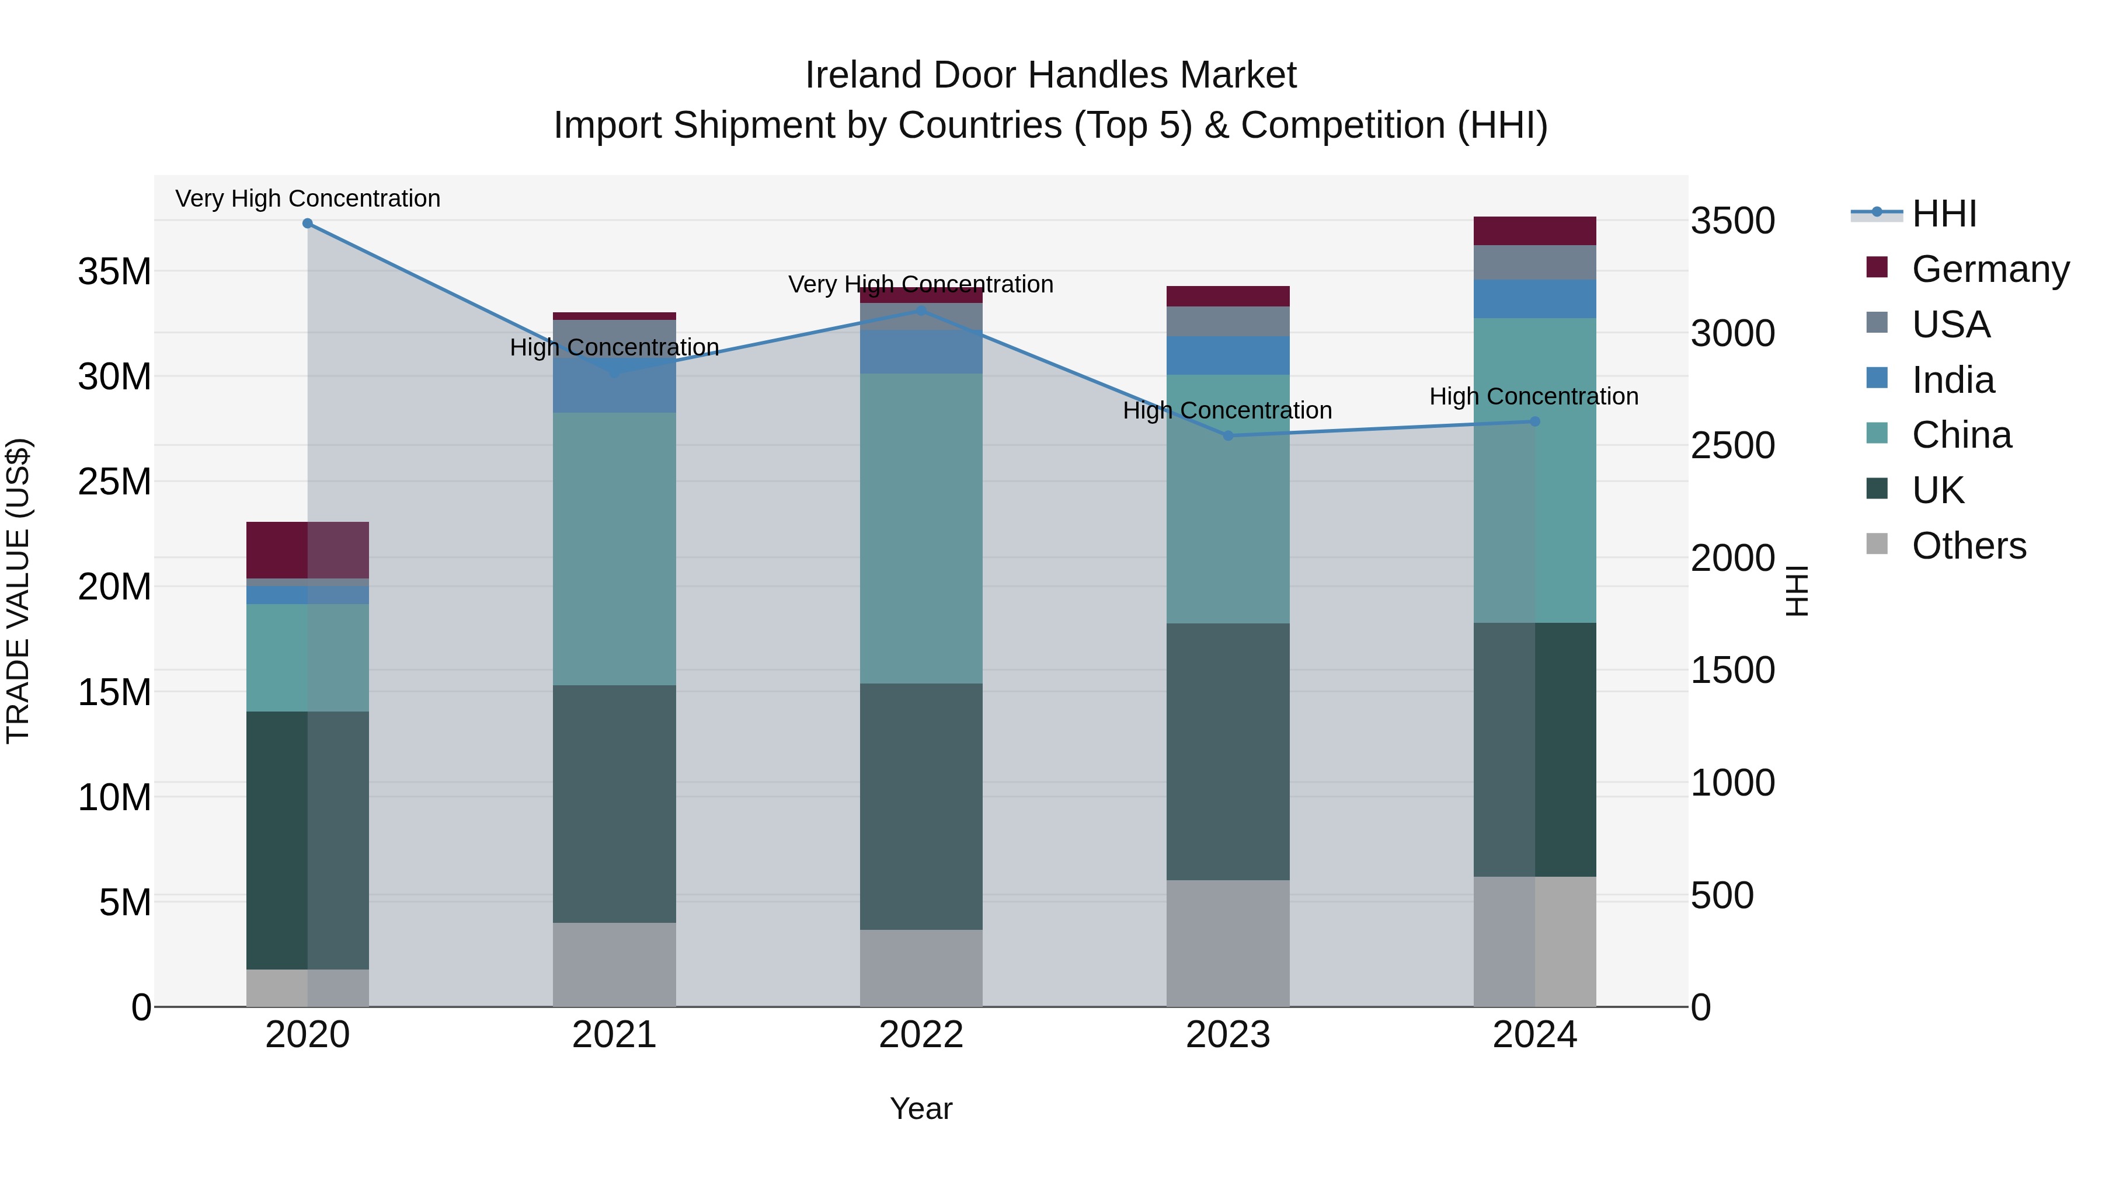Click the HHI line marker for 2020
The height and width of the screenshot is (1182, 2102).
[x=308, y=224]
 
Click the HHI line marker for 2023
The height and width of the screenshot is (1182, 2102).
[x=1228, y=435]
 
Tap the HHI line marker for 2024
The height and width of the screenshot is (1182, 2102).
[x=1535, y=422]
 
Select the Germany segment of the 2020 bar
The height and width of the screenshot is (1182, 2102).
[x=308, y=550]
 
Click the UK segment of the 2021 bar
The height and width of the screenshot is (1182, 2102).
[x=614, y=804]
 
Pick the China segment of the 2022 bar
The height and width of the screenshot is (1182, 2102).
[x=921, y=529]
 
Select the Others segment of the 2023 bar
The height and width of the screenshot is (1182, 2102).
[x=1228, y=943]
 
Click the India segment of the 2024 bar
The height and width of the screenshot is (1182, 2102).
[x=1535, y=298]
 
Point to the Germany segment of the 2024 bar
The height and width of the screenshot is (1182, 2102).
[x=1535, y=231]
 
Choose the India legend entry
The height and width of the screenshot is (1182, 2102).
[x=1953, y=380]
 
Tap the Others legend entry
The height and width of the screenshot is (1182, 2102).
[x=1968, y=546]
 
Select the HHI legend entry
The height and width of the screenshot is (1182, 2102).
[x=1944, y=214]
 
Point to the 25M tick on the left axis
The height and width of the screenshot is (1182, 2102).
[x=114, y=482]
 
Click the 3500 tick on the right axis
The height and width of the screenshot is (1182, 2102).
[x=1732, y=221]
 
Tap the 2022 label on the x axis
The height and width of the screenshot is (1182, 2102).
[x=921, y=1035]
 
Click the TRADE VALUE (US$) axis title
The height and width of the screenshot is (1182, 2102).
[x=18, y=591]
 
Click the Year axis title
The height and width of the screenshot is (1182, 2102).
[x=921, y=1108]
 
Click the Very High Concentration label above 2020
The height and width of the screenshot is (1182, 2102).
[x=308, y=198]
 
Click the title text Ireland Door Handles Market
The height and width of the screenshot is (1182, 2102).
[x=1050, y=75]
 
